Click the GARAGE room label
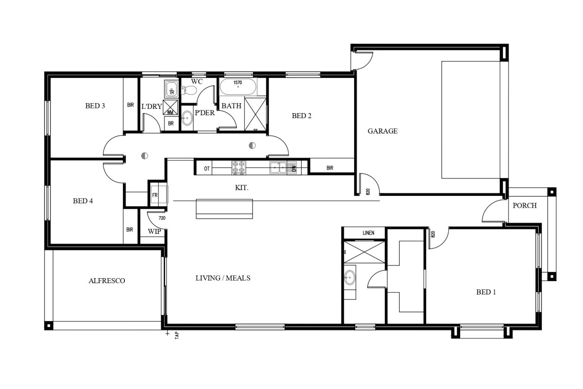tap(382, 131)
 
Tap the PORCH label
tap(524, 206)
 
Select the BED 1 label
tap(486, 292)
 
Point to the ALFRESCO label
tap(107, 281)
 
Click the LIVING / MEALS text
tap(223, 278)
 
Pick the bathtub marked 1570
tap(238, 87)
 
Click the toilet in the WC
tap(189, 90)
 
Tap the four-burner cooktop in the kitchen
tap(239, 167)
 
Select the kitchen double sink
tap(278, 168)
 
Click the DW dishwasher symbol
tap(292, 168)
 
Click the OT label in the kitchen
tap(206, 169)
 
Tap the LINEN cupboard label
tap(368, 233)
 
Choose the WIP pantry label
tap(154, 231)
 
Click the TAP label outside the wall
tap(177, 335)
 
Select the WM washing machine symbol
tap(171, 107)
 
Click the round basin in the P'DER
tap(187, 118)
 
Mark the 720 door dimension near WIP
tap(162, 218)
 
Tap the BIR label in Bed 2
tap(330, 168)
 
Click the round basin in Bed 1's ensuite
tap(349, 277)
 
